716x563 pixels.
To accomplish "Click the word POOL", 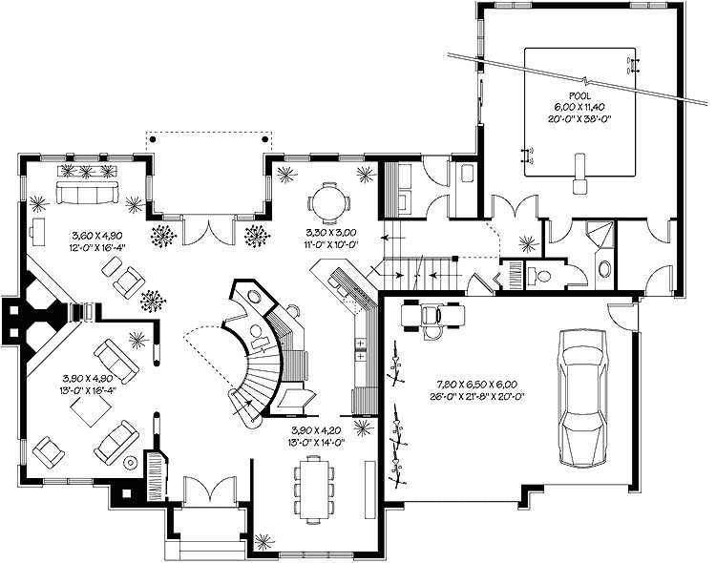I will [x=579, y=96].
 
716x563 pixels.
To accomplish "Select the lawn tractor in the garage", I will [x=429, y=315].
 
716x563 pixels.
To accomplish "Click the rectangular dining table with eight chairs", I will [x=314, y=482].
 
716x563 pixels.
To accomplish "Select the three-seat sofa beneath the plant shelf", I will [x=86, y=194].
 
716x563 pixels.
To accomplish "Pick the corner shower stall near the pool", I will [x=601, y=235].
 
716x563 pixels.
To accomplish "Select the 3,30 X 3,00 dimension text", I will [x=327, y=232].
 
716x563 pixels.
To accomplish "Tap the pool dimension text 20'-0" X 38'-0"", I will [x=579, y=119].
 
